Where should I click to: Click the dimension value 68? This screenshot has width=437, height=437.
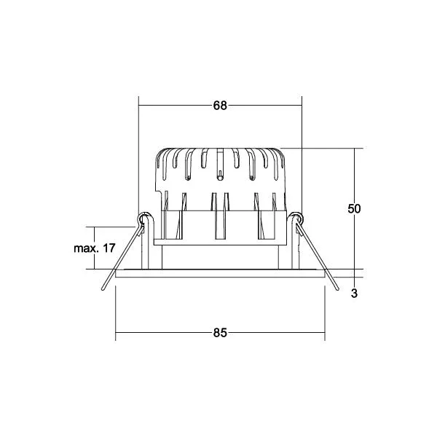pos(220,106)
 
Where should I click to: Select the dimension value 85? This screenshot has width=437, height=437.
pos(220,333)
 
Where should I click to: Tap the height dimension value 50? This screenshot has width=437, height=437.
pos(354,208)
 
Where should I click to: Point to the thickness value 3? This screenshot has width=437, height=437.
pos(354,294)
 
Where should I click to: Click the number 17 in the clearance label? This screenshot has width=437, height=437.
pos(109,248)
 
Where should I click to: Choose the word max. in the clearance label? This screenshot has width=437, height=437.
pos(86,248)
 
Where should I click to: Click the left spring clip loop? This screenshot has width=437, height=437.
pos(143,217)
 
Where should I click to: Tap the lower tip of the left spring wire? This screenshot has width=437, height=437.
pos(103,290)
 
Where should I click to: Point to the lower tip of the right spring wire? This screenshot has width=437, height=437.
pos(338,289)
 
